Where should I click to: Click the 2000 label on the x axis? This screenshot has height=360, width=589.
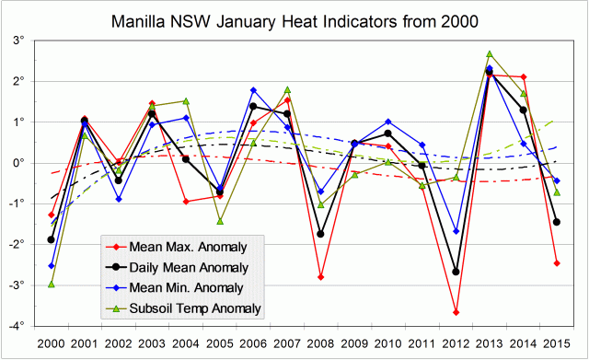(51, 343)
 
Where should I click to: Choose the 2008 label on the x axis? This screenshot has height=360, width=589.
(321, 343)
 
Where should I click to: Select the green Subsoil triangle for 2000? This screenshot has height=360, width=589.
(51, 285)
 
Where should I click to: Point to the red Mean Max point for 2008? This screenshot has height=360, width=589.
(321, 277)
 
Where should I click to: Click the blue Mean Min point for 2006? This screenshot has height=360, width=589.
(253, 90)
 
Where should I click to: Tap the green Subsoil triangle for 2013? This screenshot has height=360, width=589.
(490, 54)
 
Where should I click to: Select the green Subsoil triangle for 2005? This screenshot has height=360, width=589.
(220, 221)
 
